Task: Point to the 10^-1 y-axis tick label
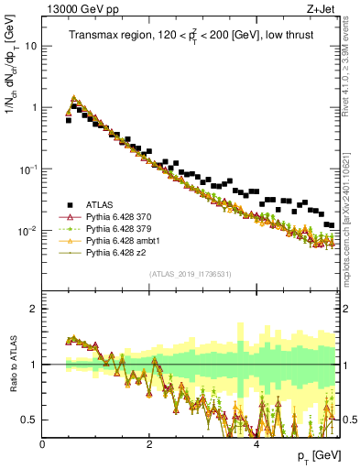pyautogui.click(x=28, y=169)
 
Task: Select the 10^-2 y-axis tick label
pyautogui.click(x=28, y=231)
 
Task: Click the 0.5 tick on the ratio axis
pyautogui.click(x=31, y=420)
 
